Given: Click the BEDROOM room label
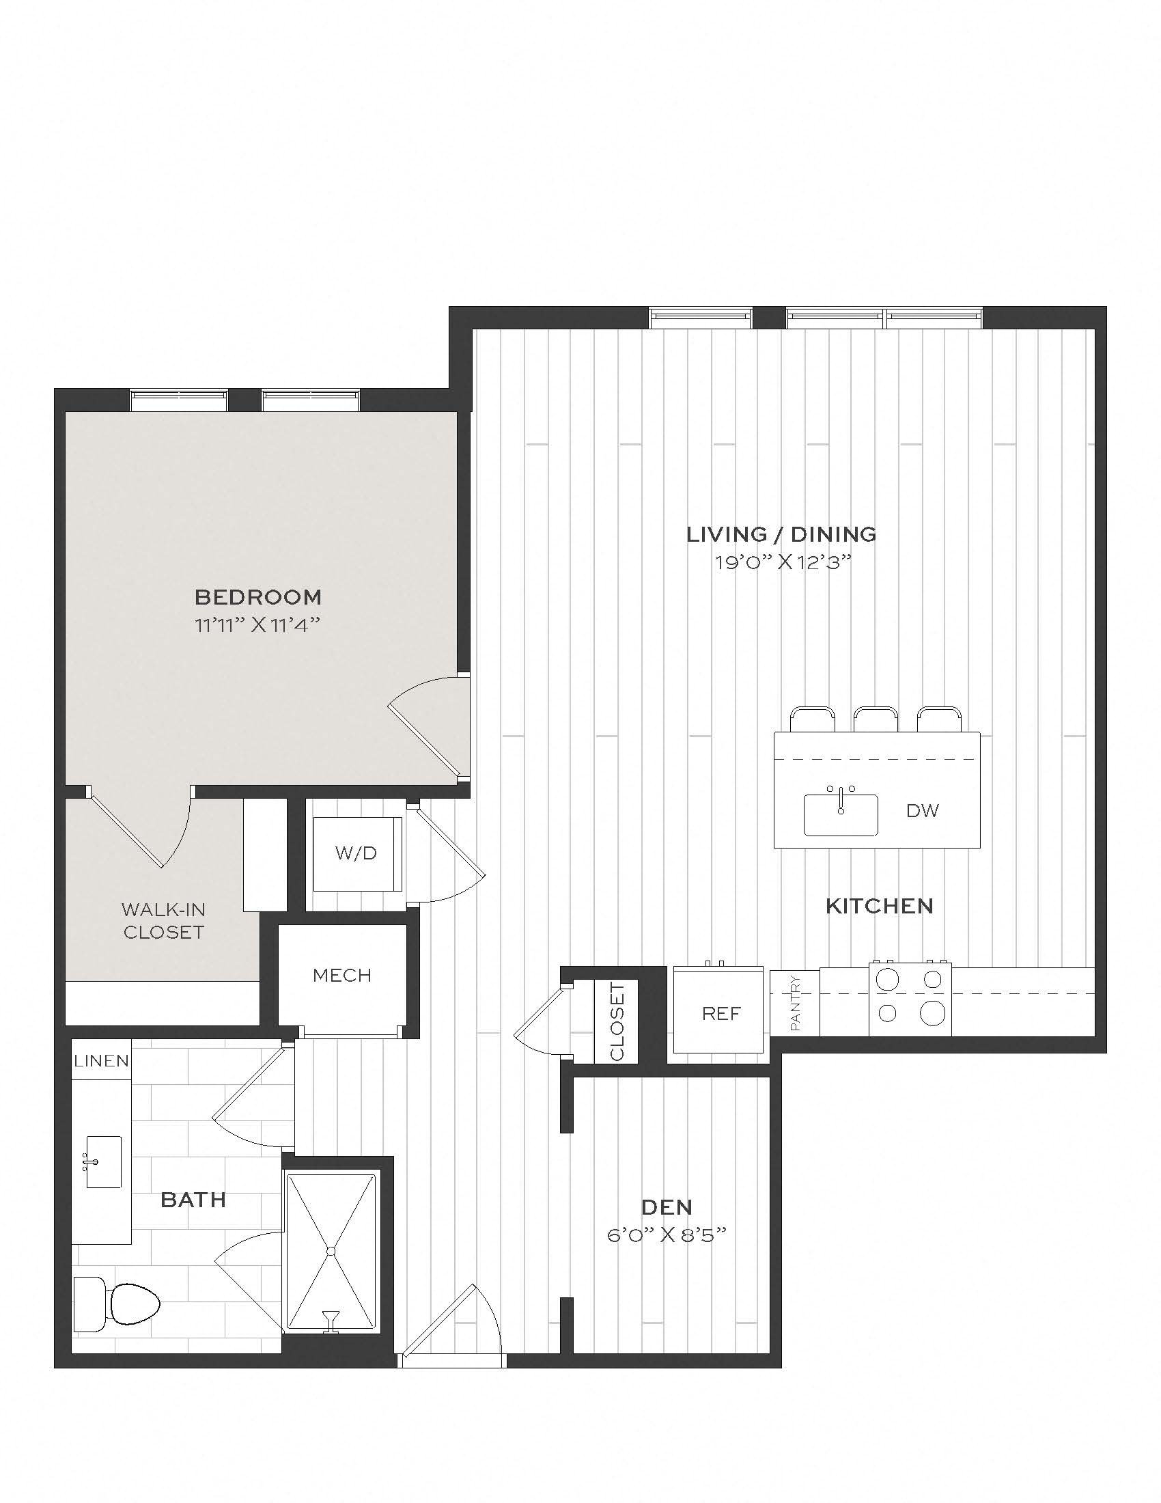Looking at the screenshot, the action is pos(258,596).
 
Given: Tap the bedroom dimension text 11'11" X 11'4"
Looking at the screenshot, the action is pos(258,625).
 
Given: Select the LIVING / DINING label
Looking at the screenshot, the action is pos(782,534).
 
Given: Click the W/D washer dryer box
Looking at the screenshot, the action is pos(356,853).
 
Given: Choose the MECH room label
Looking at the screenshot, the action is pos(342,974).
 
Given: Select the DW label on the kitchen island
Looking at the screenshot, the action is pos(923,810).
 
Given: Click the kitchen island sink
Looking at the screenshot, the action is pos(841,814).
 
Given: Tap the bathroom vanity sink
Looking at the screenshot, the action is pos(103,1162).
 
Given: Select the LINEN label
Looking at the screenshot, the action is pos(102,1061).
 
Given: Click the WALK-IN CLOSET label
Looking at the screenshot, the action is pos(164,921).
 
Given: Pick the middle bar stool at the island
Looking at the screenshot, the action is pos(876,719).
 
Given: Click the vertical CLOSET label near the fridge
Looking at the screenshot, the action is pos(616,1022).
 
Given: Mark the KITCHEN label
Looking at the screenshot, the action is pos(879,906).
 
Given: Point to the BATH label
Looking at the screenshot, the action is pos(193,1200).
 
